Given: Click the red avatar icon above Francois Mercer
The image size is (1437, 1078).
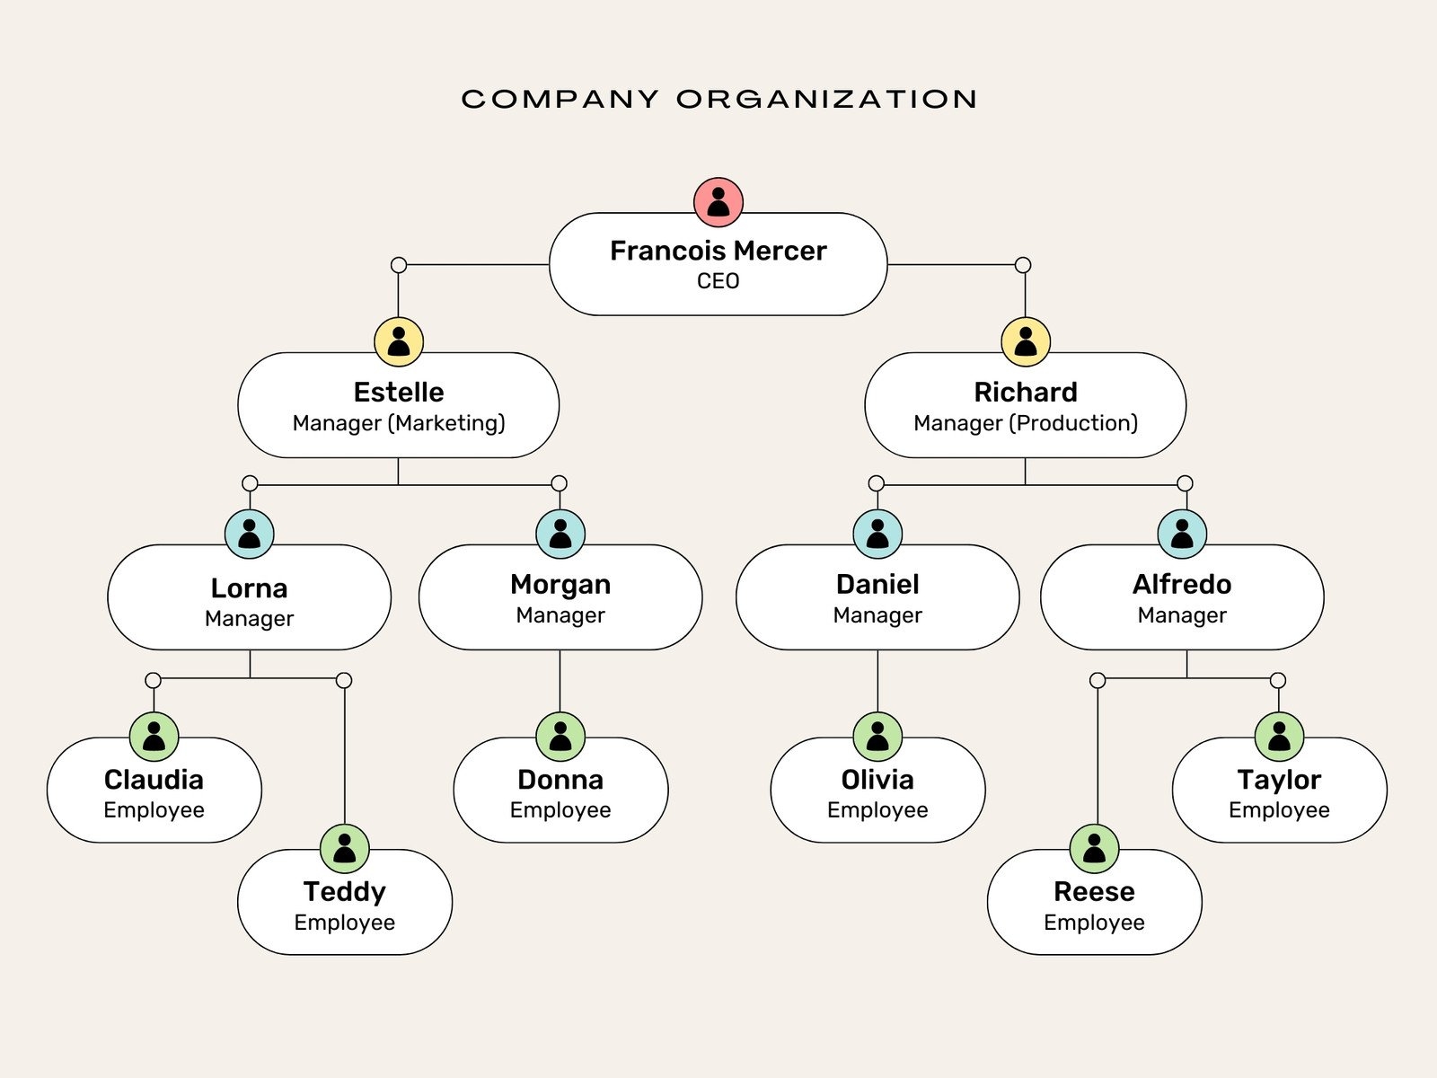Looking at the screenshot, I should point(718,201).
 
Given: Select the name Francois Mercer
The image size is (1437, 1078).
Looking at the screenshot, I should point(718,251).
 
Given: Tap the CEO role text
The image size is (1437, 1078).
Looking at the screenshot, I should point(718,281).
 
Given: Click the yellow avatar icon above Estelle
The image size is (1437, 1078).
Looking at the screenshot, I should point(399,341).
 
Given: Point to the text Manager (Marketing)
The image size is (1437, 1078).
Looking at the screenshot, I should point(399,423).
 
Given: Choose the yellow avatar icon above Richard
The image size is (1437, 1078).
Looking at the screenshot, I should point(1026,341).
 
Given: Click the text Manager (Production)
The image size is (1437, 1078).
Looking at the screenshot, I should point(1026,423).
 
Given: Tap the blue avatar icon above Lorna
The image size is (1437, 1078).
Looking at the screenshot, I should point(250,534).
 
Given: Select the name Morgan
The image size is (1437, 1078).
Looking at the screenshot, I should point(560,585).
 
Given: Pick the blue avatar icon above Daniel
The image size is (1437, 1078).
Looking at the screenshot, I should point(877,534).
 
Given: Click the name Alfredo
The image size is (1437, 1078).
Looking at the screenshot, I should point(1182,585).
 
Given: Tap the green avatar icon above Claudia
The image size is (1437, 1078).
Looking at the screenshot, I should point(154,737).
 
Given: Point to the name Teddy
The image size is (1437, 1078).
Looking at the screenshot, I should point(345,892).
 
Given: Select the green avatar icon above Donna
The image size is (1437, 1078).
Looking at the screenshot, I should point(560,737).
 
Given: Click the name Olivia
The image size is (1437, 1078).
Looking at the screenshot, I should point(877,780).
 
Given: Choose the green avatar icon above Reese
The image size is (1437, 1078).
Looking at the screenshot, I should point(1094,848).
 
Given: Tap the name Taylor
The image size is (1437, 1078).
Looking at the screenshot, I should point(1279,780).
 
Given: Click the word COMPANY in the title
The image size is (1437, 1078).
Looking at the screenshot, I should point(560,99).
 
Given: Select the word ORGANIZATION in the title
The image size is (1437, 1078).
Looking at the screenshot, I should point(827,99).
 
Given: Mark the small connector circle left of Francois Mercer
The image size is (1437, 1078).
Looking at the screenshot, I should point(399,265).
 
